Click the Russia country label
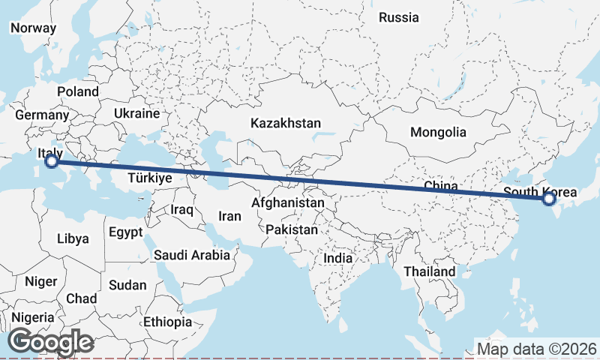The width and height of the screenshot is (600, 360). click(x=398, y=17)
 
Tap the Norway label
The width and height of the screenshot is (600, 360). click(x=33, y=28)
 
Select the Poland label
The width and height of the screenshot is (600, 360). click(x=77, y=91)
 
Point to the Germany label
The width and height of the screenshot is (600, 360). click(x=41, y=115)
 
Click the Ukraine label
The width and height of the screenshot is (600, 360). click(x=136, y=113)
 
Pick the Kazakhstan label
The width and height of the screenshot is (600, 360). click(x=286, y=123)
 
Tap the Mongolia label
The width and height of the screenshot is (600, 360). click(x=438, y=133)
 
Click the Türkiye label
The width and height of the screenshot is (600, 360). click(x=150, y=178)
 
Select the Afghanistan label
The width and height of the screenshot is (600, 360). click(x=289, y=202)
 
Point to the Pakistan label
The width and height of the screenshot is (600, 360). click(x=292, y=229)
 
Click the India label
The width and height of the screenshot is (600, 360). click(x=337, y=258)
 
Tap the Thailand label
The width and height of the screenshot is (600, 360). click(x=429, y=271)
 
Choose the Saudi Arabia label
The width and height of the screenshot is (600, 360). click(x=192, y=255)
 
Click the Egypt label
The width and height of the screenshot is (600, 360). click(x=125, y=232)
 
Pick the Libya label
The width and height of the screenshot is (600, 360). click(x=73, y=239)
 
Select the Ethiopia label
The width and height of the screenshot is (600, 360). click(x=168, y=322)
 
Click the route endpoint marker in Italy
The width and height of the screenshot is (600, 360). click(x=52, y=160)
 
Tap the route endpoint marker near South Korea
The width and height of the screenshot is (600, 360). click(x=548, y=199)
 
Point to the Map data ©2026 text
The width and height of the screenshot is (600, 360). click(x=537, y=349)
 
